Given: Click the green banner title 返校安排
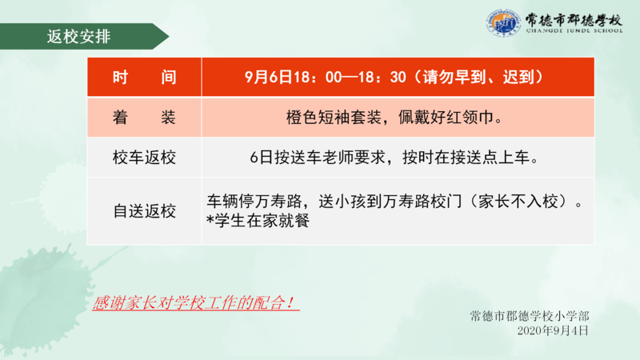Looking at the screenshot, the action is pyautogui.click(x=78, y=37).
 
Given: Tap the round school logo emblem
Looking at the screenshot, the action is pyautogui.click(x=503, y=23).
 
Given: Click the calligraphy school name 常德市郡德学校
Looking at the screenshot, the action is pyautogui.click(x=574, y=19).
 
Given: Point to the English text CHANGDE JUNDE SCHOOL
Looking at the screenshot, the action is pyautogui.click(x=574, y=30).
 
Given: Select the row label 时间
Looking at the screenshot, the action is pyautogui.click(x=145, y=77).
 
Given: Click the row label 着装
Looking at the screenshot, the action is pyautogui.click(x=145, y=118).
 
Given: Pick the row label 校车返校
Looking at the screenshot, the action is pyautogui.click(x=145, y=158).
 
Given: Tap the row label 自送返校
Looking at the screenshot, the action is pyautogui.click(x=145, y=211).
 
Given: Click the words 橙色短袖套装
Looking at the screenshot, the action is pyautogui.click(x=334, y=118).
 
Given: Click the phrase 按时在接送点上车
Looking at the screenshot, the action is pyautogui.click(x=466, y=158).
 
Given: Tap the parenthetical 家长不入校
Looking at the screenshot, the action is pyautogui.click(x=518, y=202).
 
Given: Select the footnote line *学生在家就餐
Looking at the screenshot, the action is pyautogui.click(x=258, y=221).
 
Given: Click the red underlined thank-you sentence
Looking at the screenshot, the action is pyautogui.click(x=194, y=303).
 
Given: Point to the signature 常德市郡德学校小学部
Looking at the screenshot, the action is pyautogui.click(x=530, y=316).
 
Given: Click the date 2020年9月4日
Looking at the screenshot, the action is pyautogui.click(x=553, y=330).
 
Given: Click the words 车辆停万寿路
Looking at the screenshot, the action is pyautogui.click(x=254, y=202).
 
